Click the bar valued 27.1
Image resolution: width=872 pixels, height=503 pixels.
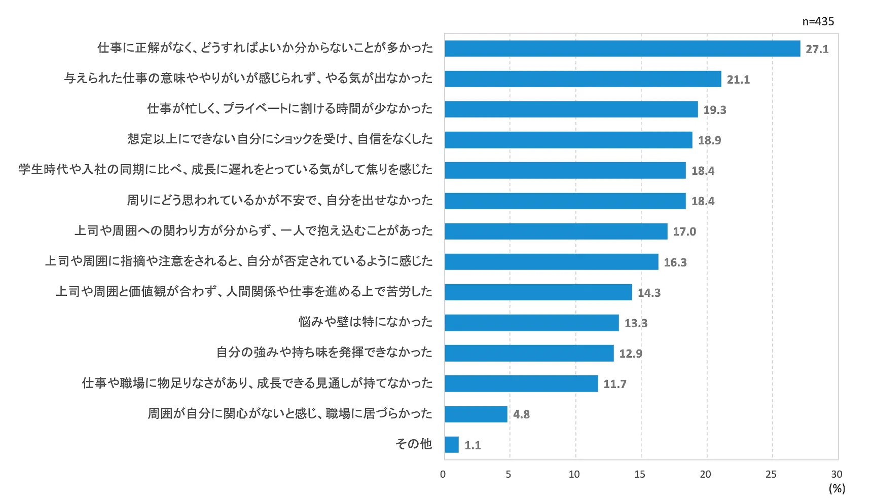click(x=622, y=49)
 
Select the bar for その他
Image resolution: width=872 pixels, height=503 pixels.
click(x=452, y=445)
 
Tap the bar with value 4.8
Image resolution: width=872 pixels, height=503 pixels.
click(x=476, y=414)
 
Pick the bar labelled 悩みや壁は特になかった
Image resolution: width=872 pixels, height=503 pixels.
click(x=532, y=323)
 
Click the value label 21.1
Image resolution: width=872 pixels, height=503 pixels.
click(x=738, y=80)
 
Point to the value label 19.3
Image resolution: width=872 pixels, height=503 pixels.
click(x=714, y=110)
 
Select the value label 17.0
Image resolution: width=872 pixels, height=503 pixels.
click(x=684, y=231)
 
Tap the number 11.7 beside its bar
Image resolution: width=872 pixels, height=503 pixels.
click(x=614, y=384)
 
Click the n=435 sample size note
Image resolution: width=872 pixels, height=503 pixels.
click(x=818, y=21)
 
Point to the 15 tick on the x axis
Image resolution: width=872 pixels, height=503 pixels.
click(x=640, y=474)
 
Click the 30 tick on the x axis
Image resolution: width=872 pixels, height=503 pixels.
click(x=837, y=474)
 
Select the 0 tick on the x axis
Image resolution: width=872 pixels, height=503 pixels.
click(x=443, y=474)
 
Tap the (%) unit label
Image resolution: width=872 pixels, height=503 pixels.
click(x=837, y=488)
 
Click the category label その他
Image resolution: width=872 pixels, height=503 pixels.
click(x=414, y=444)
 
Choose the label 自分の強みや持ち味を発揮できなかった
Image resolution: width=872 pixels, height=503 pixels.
click(x=324, y=353)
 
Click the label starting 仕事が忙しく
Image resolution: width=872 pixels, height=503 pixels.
click(x=290, y=108)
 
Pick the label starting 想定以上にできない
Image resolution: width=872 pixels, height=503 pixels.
click(x=280, y=139)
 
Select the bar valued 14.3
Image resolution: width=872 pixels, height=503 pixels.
click(x=538, y=292)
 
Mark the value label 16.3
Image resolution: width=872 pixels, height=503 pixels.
click(x=675, y=262)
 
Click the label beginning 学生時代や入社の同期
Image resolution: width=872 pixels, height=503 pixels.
click(x=226, y=169)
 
